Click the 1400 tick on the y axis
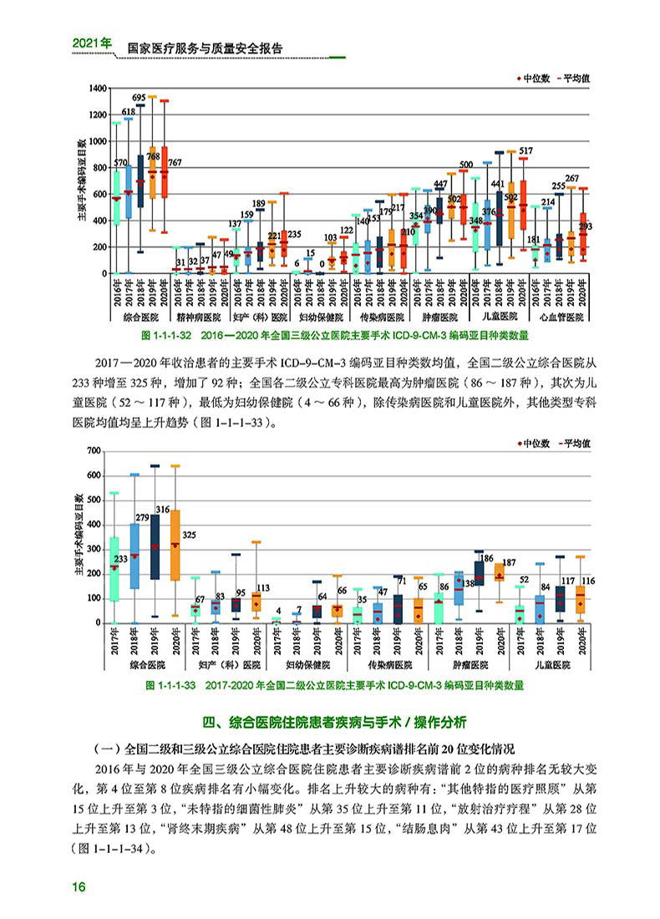[95, 88]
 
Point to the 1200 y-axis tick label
[95, 114]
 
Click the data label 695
[140, 98]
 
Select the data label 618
[129, 111]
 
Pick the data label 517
[525, 150]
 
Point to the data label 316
[162, 509]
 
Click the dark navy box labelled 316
[155, 547]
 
